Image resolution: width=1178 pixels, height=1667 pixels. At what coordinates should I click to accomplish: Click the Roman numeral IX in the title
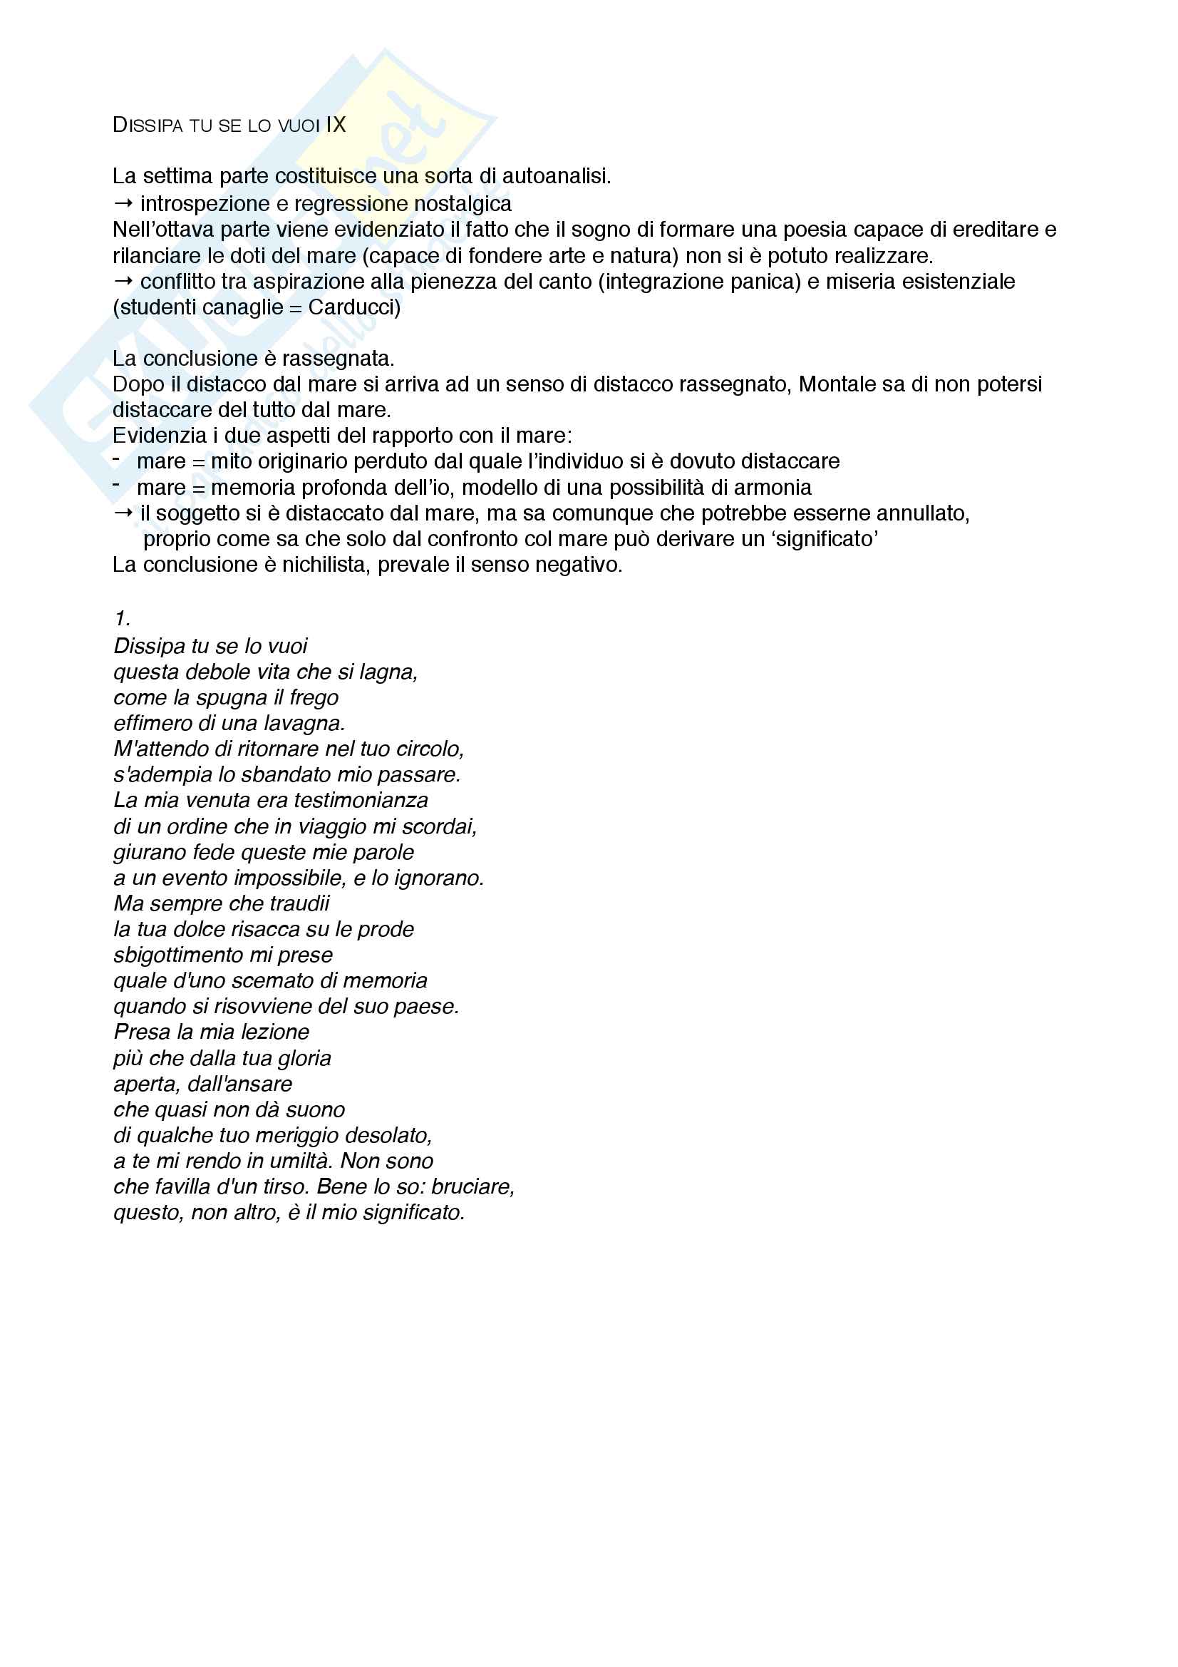pyautogui.click(x=336, y=125)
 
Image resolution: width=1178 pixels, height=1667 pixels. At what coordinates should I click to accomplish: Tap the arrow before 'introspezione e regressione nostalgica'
pyautogui.click(x=123, y=202)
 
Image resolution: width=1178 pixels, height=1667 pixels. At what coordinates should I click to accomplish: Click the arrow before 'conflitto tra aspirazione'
pyautogui.click(x=123, y=281)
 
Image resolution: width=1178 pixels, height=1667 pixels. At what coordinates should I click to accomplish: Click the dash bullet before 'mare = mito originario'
pyautogui.click(x=116, y=460)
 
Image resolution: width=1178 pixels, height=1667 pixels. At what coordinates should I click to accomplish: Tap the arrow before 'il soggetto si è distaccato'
pyautogui.click(x=123, y=513)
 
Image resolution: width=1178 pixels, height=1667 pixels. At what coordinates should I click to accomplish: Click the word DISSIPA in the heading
pyautogui.click(x=148, y=125)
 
